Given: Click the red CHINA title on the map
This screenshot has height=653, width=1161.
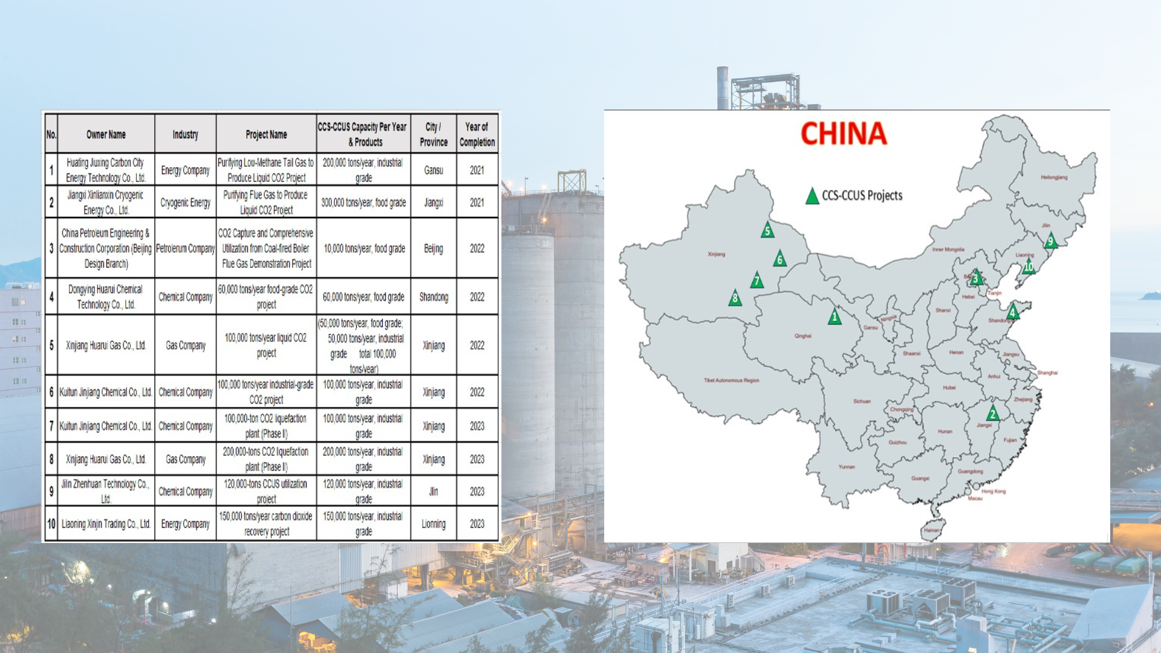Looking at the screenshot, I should (844, 134).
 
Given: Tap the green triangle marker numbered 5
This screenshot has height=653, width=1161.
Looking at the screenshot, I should (767, 230).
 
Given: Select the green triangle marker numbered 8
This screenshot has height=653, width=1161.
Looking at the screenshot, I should (735, 298).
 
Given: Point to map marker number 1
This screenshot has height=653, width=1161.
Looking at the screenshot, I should (834, 317).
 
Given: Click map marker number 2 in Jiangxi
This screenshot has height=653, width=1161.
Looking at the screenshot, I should (992, 414).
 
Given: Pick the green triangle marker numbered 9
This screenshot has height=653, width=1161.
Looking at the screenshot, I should (1050, 241).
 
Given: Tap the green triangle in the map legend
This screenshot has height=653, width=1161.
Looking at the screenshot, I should (812, 197).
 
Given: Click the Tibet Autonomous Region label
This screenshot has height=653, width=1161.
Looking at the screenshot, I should (731, 380).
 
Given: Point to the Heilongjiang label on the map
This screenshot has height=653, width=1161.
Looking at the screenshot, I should (1054, 177).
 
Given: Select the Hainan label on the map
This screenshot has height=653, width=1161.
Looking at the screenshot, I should (931, 530).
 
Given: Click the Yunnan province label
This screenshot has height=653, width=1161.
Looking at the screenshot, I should (847, 467).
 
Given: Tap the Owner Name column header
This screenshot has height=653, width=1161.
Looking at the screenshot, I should (106, 134).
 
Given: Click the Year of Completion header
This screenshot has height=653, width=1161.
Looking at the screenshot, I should (477, 134).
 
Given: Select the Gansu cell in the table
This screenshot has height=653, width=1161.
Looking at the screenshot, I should (434, 171).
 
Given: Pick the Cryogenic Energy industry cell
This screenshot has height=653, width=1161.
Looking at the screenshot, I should (185, 203).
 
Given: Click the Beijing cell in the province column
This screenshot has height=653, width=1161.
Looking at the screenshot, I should (434, 249).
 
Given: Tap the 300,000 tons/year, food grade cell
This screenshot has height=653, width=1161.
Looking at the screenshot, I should (363, 203).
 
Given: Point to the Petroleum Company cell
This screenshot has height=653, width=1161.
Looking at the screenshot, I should (185, 249).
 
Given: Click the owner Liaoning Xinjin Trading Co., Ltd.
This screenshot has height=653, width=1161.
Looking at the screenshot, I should (106, 524).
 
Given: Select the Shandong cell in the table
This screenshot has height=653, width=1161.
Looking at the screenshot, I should (434, 297).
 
